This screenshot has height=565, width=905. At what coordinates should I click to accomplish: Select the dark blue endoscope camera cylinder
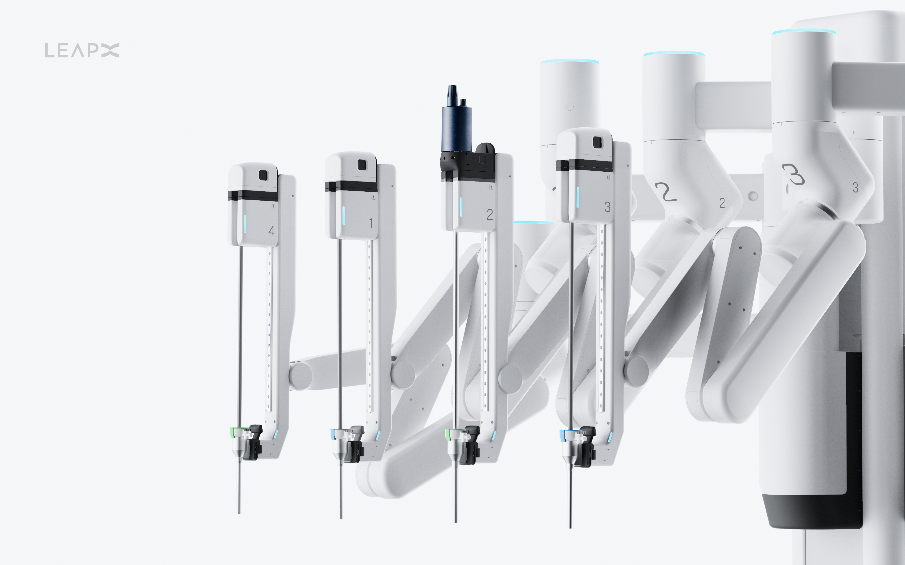[456, 127]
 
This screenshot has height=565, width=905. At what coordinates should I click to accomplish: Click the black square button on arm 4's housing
[263, 175]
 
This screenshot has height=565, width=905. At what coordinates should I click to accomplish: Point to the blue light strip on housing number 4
[245, 223]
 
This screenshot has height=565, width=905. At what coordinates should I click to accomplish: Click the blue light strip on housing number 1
[343, 216]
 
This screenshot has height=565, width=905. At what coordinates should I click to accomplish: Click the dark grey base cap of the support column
[811, 512]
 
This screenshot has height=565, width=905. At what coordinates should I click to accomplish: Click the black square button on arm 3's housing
[598, 142]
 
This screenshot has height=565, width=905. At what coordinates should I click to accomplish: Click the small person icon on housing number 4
[273, 207]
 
